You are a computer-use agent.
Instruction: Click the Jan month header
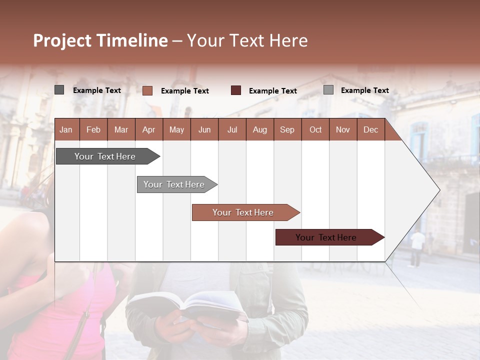tap(66, 130)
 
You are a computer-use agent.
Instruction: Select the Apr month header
tap(148, 130)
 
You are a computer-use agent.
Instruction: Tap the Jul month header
tap(232, 130)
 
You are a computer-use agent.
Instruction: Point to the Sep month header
tap(287, 130)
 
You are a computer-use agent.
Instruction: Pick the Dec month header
tap(370, 130)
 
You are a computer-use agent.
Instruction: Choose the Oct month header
tap(315, 130)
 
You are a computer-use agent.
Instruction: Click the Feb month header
tap(93, 130)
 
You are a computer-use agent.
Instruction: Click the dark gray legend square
tap(59, 90)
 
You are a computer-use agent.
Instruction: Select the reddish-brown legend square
tap(147, 90)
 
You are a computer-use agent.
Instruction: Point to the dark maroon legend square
tap(236, 90)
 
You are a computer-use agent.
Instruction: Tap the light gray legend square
tap(328, 90)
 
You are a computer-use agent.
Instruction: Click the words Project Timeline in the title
tap(100, 40)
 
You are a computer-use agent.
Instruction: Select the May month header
tap(176, 130)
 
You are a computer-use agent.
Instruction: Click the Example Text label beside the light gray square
tap(364, 90)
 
